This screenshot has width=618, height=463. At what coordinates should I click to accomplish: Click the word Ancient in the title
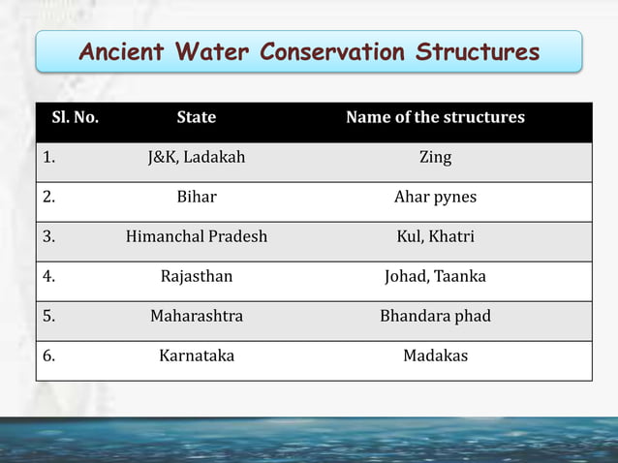point(123,51)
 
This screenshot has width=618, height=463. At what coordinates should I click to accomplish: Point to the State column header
point(197,117)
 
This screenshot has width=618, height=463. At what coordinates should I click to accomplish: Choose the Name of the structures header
point(435,117)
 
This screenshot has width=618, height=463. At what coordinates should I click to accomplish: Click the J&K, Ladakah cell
point(197,157)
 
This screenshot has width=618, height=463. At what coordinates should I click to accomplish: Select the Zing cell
point(435,157)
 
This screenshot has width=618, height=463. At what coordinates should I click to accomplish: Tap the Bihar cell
point(197,197)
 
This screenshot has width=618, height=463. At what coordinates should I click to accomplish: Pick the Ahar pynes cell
point(435,197)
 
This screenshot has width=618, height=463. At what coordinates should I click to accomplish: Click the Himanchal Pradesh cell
point(197,236)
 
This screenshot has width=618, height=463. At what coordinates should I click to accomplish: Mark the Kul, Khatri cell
point(435,236)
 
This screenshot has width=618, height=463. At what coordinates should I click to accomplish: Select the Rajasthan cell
point(197,276)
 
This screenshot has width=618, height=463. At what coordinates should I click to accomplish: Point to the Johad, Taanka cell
point(435,276)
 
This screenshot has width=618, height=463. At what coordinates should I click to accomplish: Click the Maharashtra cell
point(197,316)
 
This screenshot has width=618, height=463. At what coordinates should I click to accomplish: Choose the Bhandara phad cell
point(435,316)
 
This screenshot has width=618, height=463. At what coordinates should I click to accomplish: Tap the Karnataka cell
point(197,355)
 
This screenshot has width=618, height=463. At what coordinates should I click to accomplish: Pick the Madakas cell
point(435,355)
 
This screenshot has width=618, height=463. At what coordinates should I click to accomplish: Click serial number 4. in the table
point(49,276)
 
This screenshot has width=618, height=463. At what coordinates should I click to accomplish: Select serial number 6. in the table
point(49,355)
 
